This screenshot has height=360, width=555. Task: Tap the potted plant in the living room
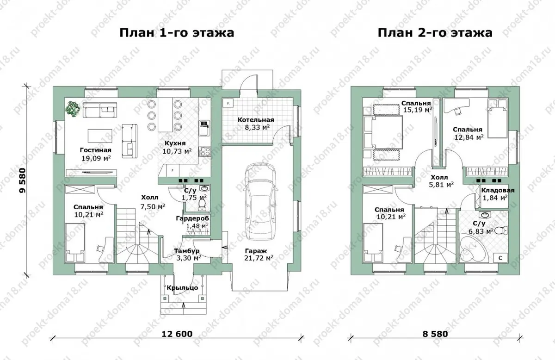73,109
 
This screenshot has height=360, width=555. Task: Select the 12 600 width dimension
177,334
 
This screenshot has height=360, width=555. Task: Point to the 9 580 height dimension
23,180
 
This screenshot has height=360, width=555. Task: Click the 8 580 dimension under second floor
435,334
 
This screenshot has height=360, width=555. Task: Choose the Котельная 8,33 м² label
256,124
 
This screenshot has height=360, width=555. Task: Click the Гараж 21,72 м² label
259,254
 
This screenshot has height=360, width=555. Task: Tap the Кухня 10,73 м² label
177,147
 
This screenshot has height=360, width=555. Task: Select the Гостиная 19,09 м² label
96,154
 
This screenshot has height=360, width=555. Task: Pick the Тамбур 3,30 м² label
186,254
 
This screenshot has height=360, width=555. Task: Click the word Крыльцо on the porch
182,288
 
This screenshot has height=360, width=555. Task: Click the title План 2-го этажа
435,33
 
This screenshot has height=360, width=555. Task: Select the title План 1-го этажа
177,33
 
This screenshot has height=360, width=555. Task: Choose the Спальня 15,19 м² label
416,106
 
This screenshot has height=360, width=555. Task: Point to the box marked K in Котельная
228,103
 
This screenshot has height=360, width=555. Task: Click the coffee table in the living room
100,136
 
